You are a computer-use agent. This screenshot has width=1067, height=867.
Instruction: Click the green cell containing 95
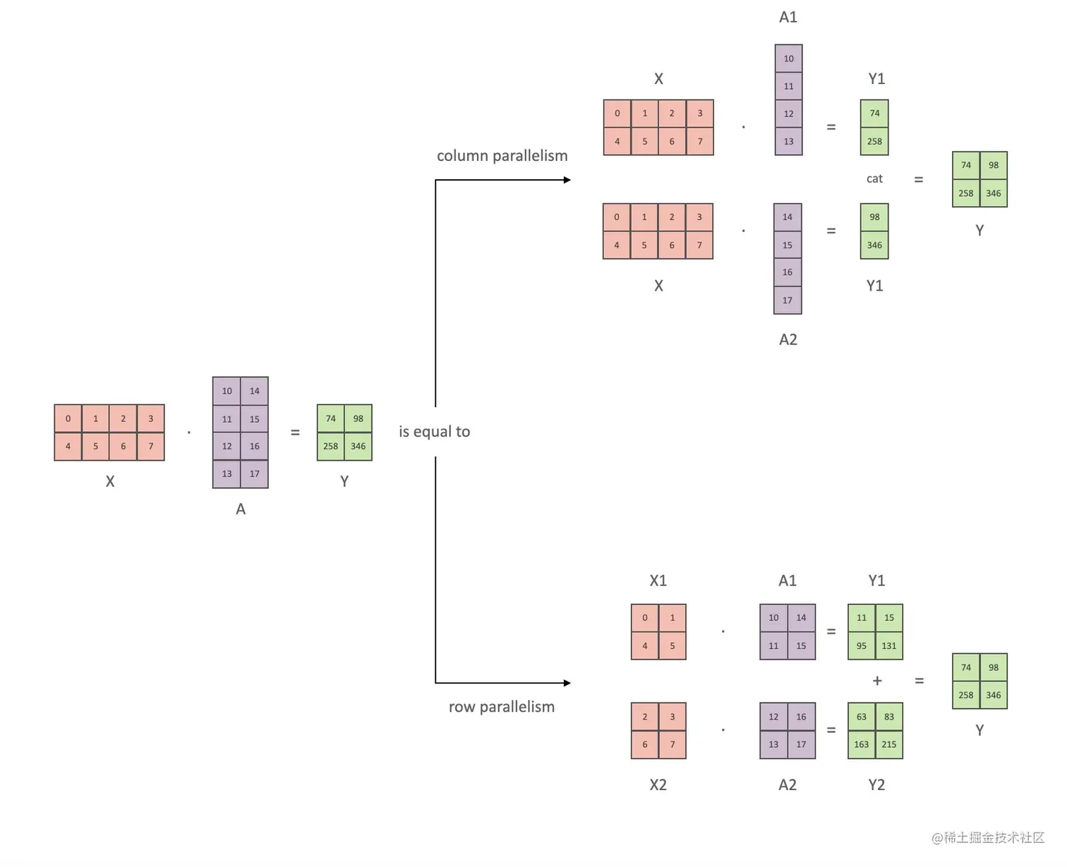[x=862, y=645]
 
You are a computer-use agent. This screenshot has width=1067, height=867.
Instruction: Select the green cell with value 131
[x=889, y=645]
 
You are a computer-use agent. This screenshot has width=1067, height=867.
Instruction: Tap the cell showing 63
[x=862, y=717]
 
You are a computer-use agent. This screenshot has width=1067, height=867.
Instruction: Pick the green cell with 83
[x=889, y=717]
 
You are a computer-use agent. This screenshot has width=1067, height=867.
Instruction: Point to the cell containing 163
[x=862, y=744]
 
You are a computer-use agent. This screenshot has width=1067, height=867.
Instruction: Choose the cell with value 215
[x=889, y=744]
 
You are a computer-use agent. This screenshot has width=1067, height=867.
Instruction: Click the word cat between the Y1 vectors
[x=874, y=178]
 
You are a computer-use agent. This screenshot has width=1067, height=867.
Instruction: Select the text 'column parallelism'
[x=502, y=156]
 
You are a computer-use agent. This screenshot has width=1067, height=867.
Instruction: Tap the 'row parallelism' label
[x=502, y=707]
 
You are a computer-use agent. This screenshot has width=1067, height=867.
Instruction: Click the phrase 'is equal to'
[x=434, y=432]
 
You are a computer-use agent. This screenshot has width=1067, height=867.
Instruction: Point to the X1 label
[x=658, y=581]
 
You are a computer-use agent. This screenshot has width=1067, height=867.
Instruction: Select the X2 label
[x=658, y=785]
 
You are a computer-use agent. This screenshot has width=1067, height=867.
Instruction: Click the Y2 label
[x=876, y=785]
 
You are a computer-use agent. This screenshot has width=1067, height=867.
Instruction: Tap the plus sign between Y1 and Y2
[x=877, y=681]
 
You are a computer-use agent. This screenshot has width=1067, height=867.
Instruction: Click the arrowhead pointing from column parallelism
[x=567, y=180]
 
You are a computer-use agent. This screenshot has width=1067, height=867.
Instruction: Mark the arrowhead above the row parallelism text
[x=567, y=683]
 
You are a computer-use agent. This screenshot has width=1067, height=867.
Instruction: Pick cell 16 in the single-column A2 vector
[x=788, y=272]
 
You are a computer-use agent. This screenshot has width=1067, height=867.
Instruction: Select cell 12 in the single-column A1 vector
[x=788, y=114]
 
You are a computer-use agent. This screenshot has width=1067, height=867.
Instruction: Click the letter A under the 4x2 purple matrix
[x=241, y=509]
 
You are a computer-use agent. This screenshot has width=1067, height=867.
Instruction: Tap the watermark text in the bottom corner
[x=987, y=837]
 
